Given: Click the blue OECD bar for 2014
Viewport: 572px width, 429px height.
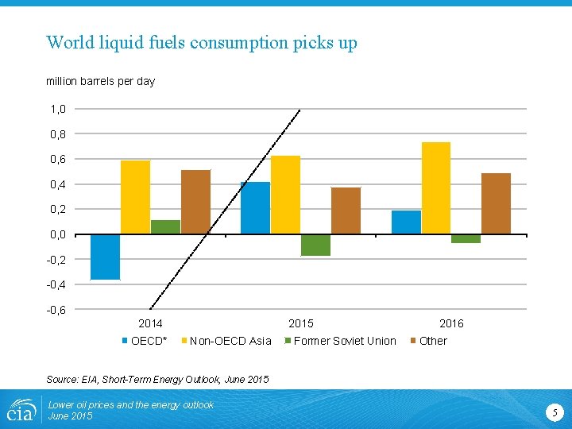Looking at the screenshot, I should (x=106, y=257).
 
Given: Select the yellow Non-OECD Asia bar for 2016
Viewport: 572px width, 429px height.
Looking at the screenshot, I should (x=436, y=188).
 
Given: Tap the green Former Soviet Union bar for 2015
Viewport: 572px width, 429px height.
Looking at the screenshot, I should (x=315, y=245).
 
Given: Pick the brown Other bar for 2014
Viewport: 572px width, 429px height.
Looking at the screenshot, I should (x=195, y=202).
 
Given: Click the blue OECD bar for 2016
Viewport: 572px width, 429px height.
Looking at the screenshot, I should (x=406, y=222).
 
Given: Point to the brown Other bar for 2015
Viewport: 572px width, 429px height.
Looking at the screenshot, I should (x=346, y=211).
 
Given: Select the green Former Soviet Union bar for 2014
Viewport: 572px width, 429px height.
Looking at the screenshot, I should (x=165, y=227).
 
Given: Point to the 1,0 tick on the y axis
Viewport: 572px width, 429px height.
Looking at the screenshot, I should (x=58, y=109).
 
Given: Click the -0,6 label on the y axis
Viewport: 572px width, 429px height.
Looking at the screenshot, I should (x=56, y=309).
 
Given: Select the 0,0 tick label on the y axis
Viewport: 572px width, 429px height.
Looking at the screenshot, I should (x=58, y=234).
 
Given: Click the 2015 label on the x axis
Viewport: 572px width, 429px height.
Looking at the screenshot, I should (x=300, y=323).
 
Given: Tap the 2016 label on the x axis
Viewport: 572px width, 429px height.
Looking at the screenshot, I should (x=451, y=323).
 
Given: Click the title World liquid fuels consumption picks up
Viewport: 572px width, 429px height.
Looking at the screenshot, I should (x=202, y=42).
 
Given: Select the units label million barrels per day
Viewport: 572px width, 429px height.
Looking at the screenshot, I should (x=100, y=81).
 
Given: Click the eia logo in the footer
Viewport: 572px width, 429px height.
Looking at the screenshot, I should (x=20, y=409).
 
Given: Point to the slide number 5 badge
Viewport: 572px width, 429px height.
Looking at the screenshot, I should (x=555, y=411).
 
